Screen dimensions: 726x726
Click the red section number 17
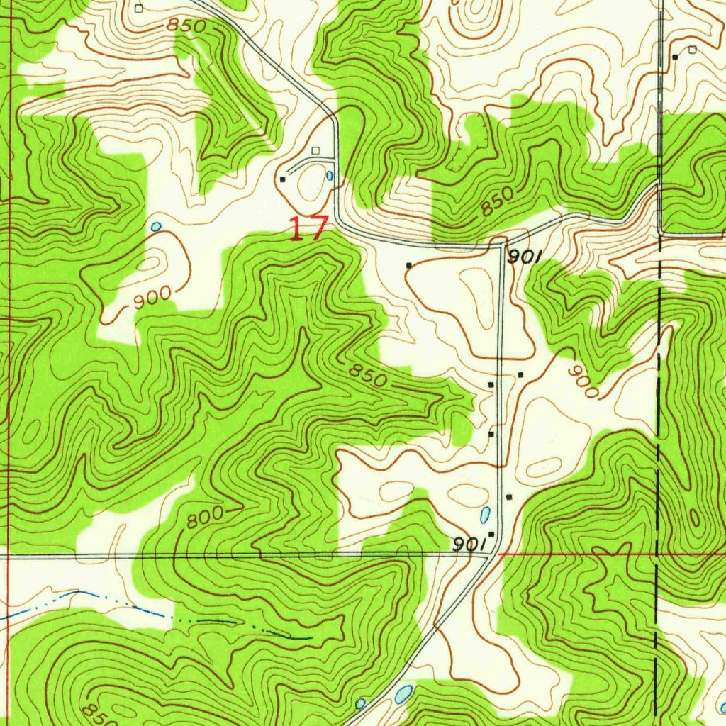[308, 229]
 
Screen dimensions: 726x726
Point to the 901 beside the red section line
[469, 543]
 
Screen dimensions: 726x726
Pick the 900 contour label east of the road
[583, 382]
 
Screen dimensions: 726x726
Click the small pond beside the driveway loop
[330, 175]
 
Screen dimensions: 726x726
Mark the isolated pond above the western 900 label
[155, 227]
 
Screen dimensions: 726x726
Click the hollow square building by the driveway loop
[315, 150]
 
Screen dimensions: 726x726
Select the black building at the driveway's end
[283, 179]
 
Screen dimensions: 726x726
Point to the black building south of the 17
[408, 265]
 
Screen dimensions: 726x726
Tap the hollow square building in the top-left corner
[139, 8]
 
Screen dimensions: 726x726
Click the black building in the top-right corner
[675, 56]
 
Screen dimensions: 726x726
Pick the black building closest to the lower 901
[491, 534]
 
